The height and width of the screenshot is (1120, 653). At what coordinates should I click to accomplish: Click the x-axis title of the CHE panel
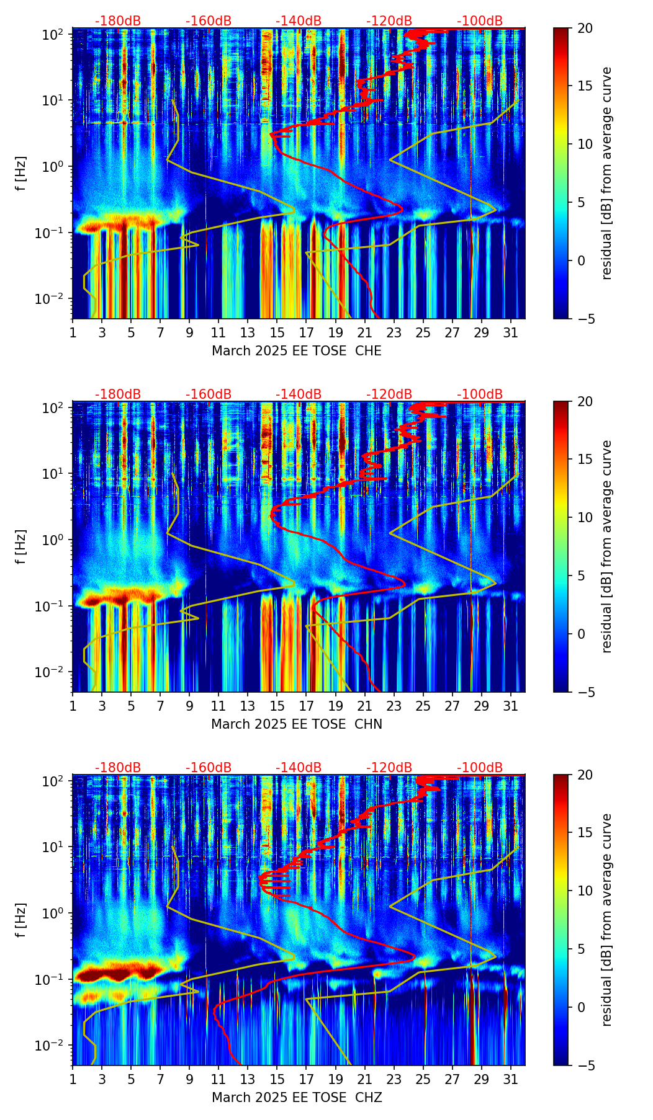297,351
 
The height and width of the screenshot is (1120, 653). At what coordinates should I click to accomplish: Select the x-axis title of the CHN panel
297,724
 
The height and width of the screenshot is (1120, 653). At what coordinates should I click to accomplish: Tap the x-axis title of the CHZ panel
297,1098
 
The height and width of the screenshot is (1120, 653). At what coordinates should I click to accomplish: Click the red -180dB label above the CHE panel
118,21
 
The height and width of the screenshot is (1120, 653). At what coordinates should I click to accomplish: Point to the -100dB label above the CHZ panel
480,768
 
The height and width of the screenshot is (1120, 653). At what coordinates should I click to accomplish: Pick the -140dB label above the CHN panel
299,394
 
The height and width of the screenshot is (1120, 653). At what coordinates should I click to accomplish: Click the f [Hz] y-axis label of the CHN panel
21,546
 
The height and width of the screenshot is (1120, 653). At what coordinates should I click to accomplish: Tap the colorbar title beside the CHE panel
606,173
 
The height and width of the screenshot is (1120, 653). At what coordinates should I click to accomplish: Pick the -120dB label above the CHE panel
389,21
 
